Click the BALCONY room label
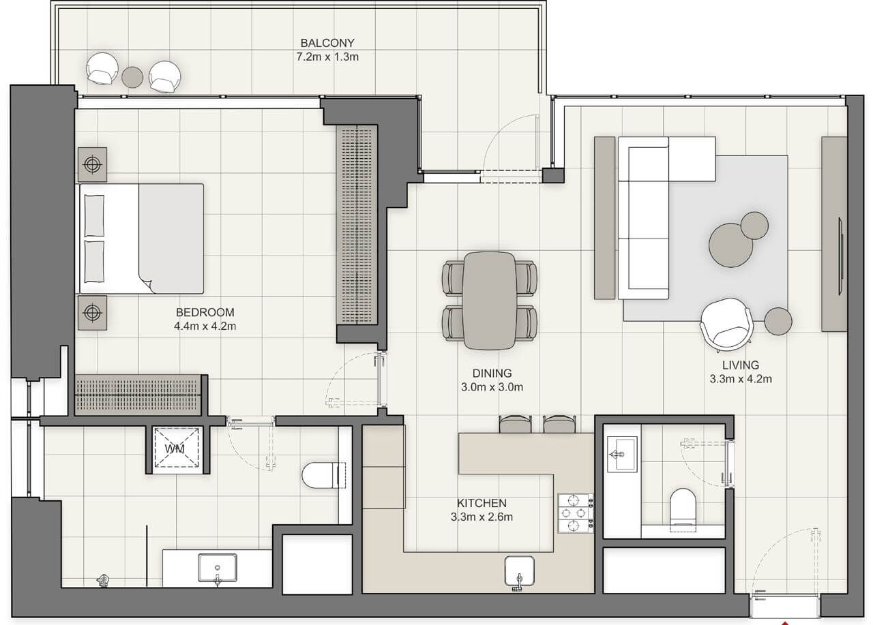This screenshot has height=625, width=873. (327, 42)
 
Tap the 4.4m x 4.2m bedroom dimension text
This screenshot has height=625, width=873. (205, 326)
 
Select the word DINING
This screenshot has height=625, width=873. (491, 374)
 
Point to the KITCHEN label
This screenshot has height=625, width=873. (482, 504)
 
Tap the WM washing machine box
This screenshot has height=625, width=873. (174, 448)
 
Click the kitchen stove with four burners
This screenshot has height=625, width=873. (575, 513)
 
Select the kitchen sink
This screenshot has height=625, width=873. (520, 570)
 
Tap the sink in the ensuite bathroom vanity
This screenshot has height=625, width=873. (218, 568)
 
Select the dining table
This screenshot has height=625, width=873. (490, 299)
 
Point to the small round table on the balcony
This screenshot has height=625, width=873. (132, 76)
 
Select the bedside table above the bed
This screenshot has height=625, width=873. (92, 164)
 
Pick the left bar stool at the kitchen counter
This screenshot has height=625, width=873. (513, 425)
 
